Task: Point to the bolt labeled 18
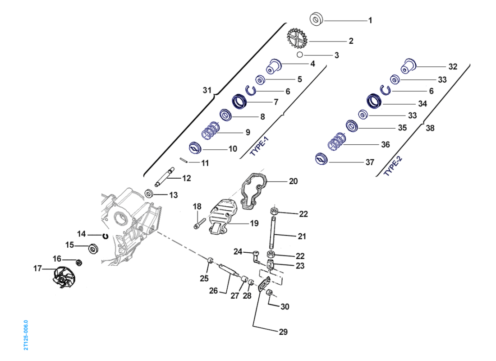coord(199,223)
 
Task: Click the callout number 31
coord(207,90)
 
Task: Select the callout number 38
coord(430,128)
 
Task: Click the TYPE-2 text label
coord(393,167)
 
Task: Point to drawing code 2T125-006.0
coord(26,335)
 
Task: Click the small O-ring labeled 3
coord(299,55)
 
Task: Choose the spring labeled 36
coord(336,142)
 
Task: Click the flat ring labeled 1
coord(317,19)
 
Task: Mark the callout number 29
coord(283,332)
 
